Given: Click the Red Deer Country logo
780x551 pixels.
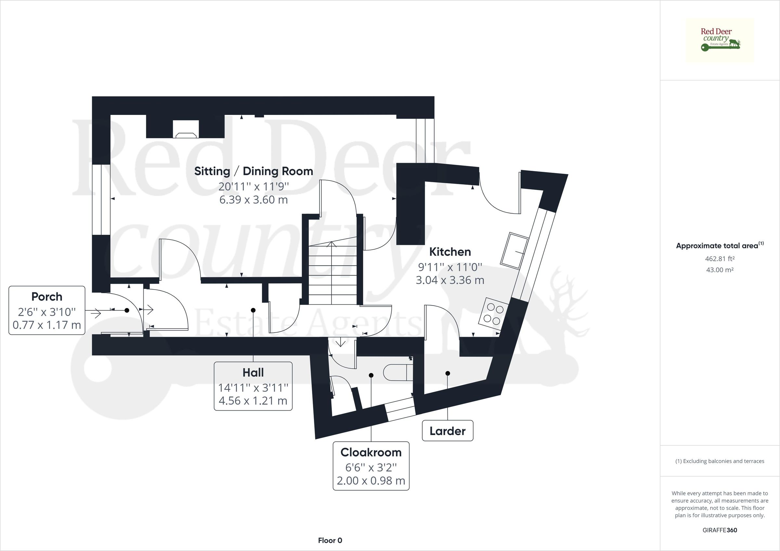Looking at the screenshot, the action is [720, 40].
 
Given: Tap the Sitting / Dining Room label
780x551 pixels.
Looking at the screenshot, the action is [253, 171].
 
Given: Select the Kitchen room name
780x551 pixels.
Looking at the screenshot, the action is [450, 252].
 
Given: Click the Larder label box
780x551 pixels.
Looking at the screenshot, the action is [448, 431].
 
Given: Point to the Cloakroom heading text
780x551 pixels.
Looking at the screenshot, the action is [371, 452].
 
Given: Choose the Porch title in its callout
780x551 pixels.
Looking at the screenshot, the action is [47, 297].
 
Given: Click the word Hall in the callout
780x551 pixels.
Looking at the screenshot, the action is [253, 372].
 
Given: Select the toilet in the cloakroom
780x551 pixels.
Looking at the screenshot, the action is [398, 373].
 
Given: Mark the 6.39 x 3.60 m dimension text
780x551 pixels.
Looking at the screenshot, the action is [253, 199].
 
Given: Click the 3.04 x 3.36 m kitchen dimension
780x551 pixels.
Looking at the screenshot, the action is [450, 280].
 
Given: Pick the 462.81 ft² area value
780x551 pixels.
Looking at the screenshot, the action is [720, 259].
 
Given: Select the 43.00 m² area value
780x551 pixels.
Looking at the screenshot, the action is [720, 270].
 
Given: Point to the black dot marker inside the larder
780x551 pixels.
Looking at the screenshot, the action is [448, 373].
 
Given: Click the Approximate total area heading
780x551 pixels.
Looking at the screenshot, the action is [720, 245].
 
